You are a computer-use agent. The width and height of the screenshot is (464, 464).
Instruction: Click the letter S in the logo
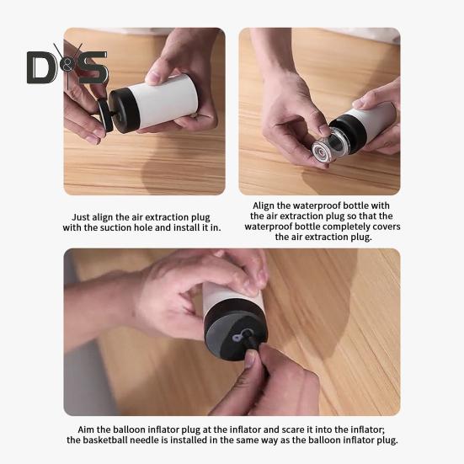(x=92, y=67)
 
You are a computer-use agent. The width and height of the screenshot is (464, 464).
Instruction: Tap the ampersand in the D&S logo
(x=67, y=67)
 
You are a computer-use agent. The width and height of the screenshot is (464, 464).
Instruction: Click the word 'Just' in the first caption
(x=81, y=217)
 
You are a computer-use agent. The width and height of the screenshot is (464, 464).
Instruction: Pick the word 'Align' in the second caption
(x=264, y=206)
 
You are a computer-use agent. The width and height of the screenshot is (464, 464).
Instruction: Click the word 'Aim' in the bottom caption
(x=85, y=429)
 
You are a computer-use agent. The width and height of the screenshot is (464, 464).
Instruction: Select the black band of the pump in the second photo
(x=349, y=134)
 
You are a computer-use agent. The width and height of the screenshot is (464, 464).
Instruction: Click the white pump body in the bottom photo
(x=232, y=294)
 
